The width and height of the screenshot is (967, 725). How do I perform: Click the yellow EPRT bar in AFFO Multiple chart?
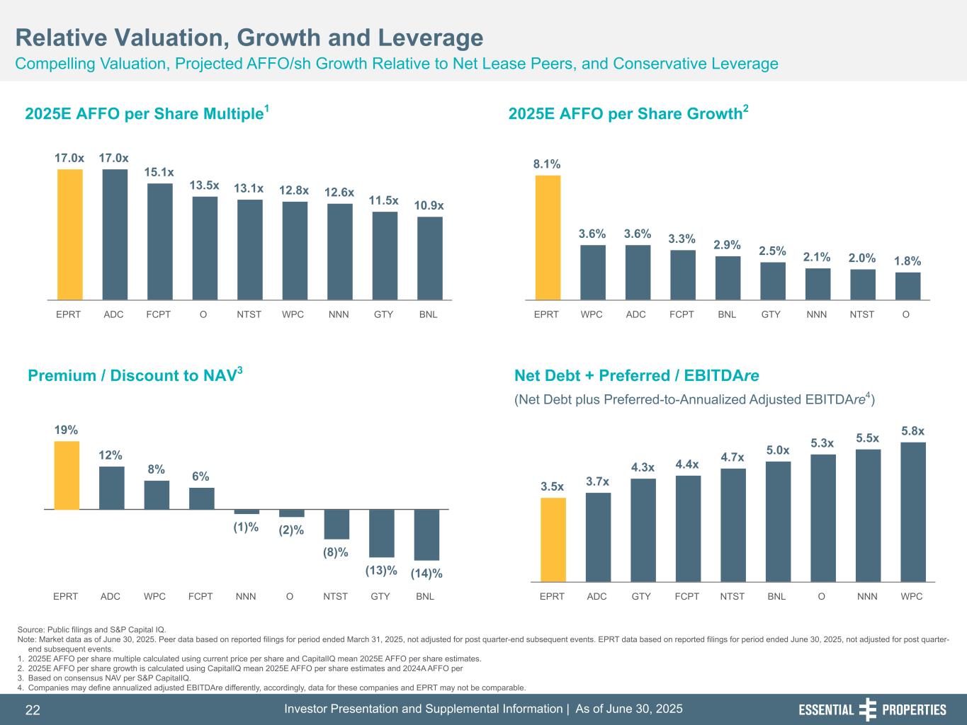(69, 234)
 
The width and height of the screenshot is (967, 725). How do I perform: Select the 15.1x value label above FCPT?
(159, 172)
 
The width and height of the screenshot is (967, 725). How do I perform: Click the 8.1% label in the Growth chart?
(547, 164)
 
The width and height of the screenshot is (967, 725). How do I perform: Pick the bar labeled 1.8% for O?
(907, 286)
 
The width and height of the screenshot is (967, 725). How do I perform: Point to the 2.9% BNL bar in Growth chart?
(728, 278)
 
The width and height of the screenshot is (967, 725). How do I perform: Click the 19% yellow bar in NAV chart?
(67, 475)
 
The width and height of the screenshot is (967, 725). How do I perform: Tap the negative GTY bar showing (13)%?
(381, 533)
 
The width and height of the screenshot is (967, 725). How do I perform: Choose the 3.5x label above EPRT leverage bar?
(552, 486)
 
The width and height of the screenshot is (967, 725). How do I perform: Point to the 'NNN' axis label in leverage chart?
(867, 596)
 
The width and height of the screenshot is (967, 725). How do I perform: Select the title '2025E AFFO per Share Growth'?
(625, 114)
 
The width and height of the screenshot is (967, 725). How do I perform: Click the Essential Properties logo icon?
(867, 709)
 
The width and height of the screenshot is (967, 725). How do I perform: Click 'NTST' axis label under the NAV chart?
(335, 596)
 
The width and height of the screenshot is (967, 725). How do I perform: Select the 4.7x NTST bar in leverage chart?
(733, 525)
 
